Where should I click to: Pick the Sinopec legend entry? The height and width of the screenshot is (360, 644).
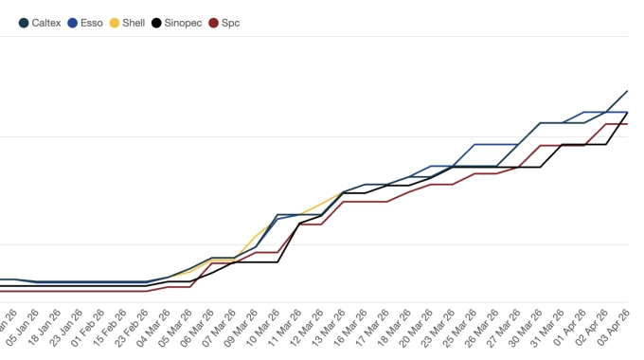(180, 22)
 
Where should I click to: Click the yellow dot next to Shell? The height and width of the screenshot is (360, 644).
(115, 22)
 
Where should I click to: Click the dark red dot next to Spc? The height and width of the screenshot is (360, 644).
(213, 22)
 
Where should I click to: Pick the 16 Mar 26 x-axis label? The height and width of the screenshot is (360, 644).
(354, 327)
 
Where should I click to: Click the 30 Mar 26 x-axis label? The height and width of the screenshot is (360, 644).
(530, 327)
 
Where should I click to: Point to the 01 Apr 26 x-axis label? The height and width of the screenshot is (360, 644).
(574, 327)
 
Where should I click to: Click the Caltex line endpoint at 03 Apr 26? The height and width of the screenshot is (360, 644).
(628, 92)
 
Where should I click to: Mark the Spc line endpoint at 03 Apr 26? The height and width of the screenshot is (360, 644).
(628, 124)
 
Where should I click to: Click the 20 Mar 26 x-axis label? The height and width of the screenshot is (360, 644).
(420, 327)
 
